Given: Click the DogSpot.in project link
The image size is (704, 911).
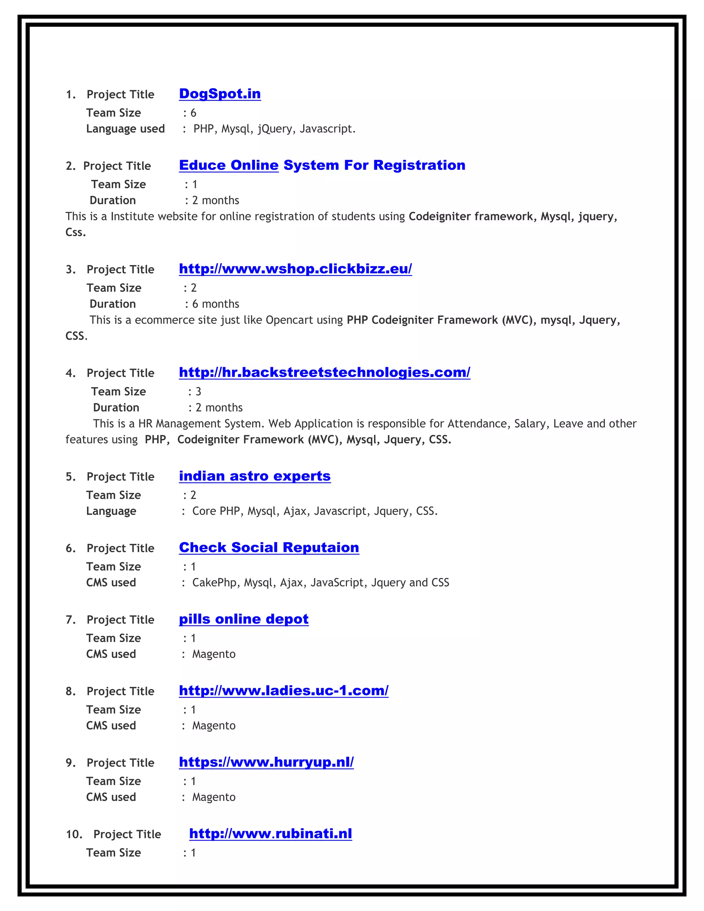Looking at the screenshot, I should pyautogui.click(x=220, y=94).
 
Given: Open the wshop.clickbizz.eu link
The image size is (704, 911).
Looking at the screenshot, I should pyautogui.click(x=295, y=268).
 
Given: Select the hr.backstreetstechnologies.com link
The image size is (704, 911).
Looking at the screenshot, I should pyautogui.click(x=324, y=372).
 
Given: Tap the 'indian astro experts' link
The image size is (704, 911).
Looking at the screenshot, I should pyautogui.click(x=254, y=476).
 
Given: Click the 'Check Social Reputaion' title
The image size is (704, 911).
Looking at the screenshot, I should pyautogui.click(x=269, y=547).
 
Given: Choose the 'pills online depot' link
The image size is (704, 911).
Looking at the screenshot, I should pyautogui.click(x=244, y=619).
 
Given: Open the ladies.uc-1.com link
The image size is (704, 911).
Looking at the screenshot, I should pyautogui.click(x=284, y=690).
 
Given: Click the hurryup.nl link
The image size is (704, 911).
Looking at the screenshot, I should pyautogui.click(x=266, y=762).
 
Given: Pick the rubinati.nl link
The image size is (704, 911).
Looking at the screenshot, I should pyautogui.click(x=270, y=833).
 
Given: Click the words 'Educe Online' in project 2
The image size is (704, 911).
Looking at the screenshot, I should pyautogui.click(x=229, y=165).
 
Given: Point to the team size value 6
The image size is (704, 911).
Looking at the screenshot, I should pyautogui.click(x=193, y=113).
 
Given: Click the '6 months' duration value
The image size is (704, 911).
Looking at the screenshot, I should pyautogui.click(x=215, y=304).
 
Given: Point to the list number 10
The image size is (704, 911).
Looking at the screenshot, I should pyautogui.click(x=74, y=834).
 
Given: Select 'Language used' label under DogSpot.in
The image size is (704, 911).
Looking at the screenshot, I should pyautogui.click(x=125, y=129).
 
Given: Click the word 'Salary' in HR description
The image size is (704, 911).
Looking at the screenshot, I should pyautogui.click(x=529, y=424).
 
